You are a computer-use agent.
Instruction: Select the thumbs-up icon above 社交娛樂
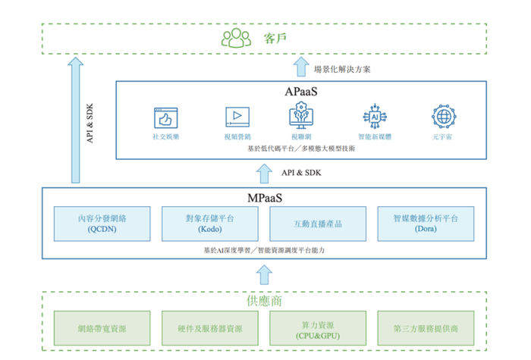coord(165,117)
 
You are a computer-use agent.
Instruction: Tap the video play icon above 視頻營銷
coord(237,117)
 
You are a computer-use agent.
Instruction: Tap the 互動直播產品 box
coord(318,224)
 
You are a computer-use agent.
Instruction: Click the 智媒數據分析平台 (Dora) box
coord(426,224)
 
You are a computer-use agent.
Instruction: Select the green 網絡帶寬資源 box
coord(102,329)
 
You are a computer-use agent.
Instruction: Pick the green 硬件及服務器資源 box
coord(210,329)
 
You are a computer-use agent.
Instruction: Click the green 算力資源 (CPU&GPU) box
coord(318,329)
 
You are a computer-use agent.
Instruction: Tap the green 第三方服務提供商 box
coord(426,329)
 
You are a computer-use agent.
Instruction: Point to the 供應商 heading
coord(264,301)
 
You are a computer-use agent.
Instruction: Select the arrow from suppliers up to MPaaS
coord(264,274)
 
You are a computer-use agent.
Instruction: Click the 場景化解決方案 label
coord(343,69)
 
